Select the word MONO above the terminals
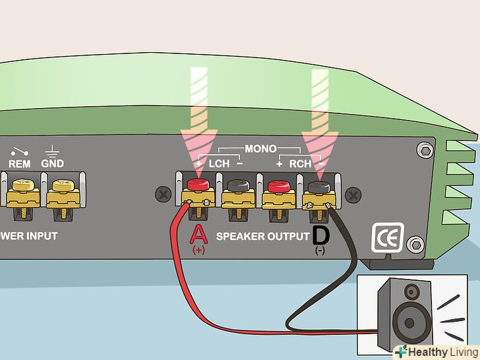261,150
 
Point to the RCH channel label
300,162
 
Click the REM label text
19,164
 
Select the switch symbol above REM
19,150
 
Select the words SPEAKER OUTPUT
263,236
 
